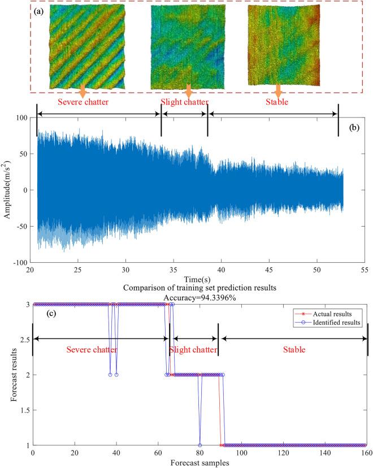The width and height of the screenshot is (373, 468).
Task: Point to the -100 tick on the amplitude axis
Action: pos(20,263)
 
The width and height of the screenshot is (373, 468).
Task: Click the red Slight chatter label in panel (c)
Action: pos(194,350)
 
